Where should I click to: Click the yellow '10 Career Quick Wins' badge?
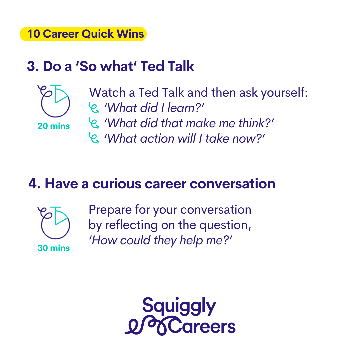(83, 34)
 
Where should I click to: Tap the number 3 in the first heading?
(31, 66)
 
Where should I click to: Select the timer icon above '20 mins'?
(54, 101)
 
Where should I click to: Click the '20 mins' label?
(54, 126)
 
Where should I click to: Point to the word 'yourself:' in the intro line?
(284, 93)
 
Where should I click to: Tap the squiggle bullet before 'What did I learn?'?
(94, 108)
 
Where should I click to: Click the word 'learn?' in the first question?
(185, 108)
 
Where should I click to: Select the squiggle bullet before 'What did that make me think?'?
(94, 123)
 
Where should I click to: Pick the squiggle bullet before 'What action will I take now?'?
(94, 138)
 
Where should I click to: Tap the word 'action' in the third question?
(157, 139)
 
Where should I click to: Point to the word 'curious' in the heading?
(117, 184)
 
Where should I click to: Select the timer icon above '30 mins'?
(54, 223)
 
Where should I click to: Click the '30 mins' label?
(54, 248)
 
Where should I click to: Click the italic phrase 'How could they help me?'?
(160, 240)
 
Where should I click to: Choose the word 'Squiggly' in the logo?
(179, 306)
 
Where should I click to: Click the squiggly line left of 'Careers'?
(147, 326)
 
